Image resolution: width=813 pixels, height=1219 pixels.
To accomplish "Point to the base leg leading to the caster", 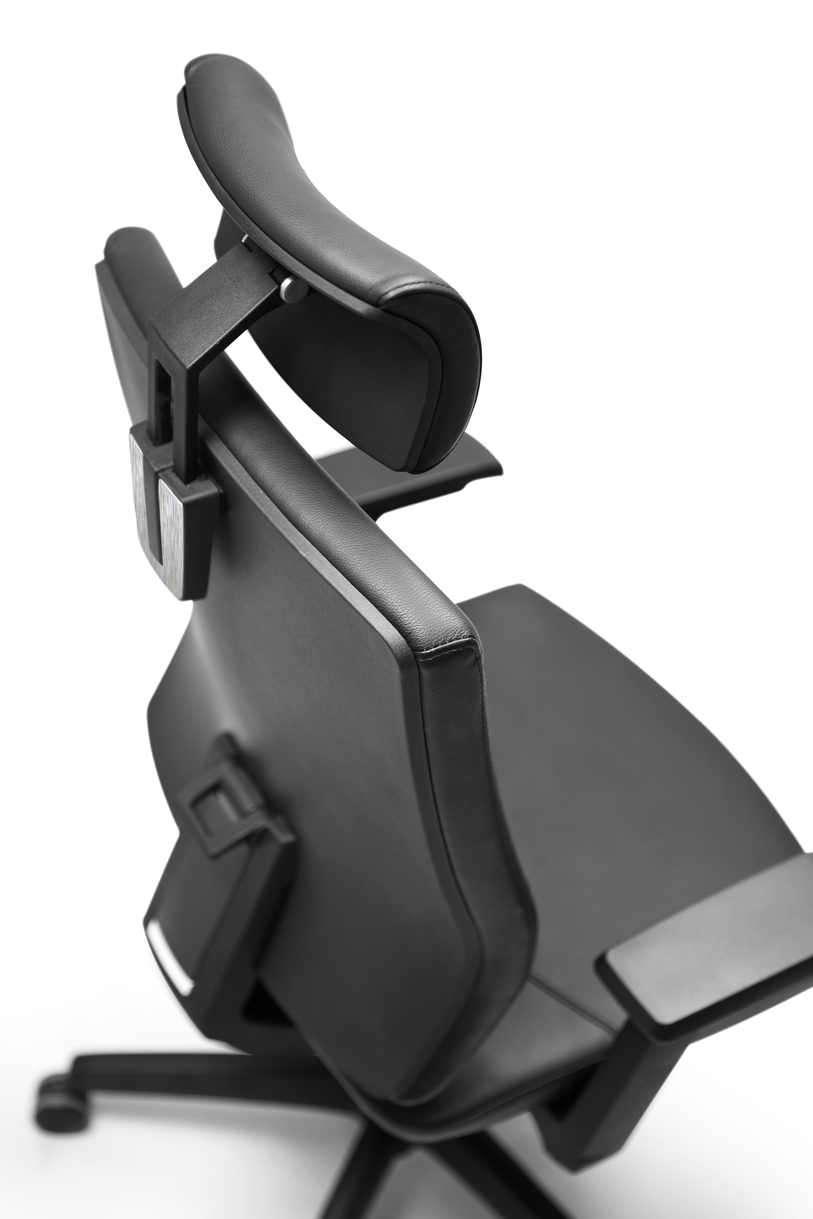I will [207, 1037].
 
